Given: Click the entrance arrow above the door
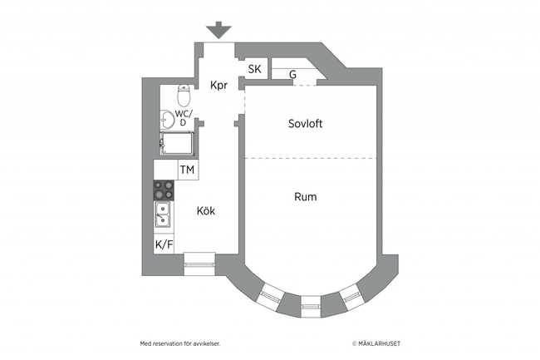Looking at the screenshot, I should (x=218, y=31).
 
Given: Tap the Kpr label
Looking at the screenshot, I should (x=218, y=85).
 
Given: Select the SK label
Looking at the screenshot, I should (x=255, y=69).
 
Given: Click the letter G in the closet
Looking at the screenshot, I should (x=292, y=75).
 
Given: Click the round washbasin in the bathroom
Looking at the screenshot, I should (x=166, y=117).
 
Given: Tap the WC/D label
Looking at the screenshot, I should (x=183, y=118).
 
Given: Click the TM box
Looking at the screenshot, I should (x=188, y=170).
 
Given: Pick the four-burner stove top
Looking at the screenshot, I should (x=164, y=190).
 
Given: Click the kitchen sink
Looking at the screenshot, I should (x=163, y=216).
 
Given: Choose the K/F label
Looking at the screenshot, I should (x=164, y=244).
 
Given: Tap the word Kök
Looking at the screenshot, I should (x=206, y=211).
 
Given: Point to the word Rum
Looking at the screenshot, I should (x=306, y=197).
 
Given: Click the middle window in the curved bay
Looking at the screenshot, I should (x=309, y=304).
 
